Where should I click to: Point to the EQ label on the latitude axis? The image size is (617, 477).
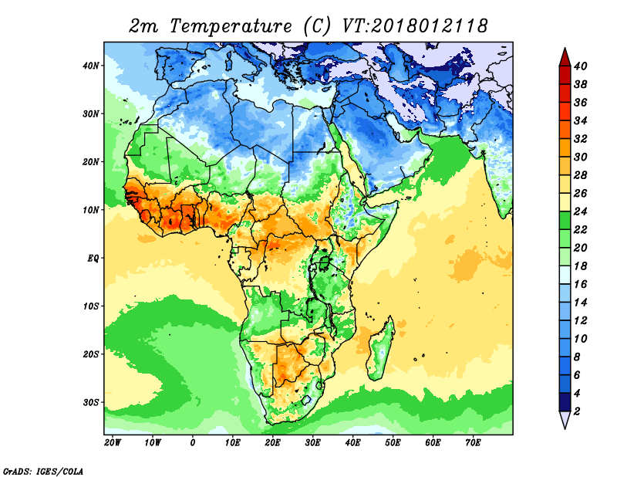[92, 258]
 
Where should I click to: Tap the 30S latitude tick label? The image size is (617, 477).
[91, 402]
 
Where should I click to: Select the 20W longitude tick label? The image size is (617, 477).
[112, 443]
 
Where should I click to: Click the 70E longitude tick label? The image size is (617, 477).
[473, 443]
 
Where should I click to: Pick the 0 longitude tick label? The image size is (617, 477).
[193, 443]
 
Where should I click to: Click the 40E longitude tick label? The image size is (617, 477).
[352, 443]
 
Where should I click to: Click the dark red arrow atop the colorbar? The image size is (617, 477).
[564, 56]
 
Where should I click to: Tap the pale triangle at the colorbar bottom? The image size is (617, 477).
[564, 421]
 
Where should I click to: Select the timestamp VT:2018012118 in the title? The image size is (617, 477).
[415, 25]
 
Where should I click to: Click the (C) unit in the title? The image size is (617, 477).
[317, 25]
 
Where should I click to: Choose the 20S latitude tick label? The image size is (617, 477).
[91, 354]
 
